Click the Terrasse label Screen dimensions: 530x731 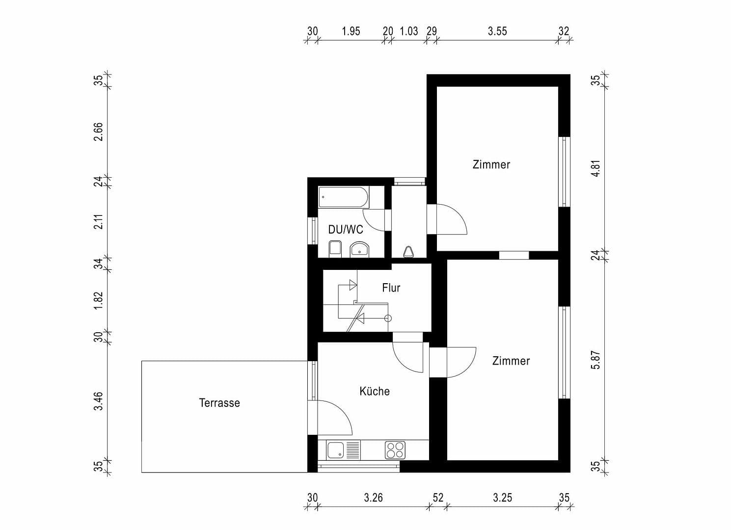point(219,403)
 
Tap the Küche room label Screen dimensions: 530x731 point(375,391)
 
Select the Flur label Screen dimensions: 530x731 point(391,288)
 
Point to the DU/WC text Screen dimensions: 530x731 point(346,230)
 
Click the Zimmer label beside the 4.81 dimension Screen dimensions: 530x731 point(491,164)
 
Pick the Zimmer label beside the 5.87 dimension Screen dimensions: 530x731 point(511,361)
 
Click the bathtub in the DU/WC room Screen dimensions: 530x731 point(343,197)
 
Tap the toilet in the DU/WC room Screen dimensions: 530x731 point(335,248)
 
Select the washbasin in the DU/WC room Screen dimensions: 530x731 point(359,250)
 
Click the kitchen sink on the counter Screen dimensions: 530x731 point(336,450)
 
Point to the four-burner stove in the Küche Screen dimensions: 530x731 point(395,450)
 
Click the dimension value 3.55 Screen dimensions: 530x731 point(497,31)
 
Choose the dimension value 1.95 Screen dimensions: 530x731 point(351,31)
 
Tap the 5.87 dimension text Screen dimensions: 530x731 point(596,360)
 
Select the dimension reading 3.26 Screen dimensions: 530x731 point(373,498)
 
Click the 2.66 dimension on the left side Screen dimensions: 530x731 point(98,132)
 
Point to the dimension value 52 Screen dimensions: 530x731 point(437,498)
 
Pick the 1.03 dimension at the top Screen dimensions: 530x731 point(408,31)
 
